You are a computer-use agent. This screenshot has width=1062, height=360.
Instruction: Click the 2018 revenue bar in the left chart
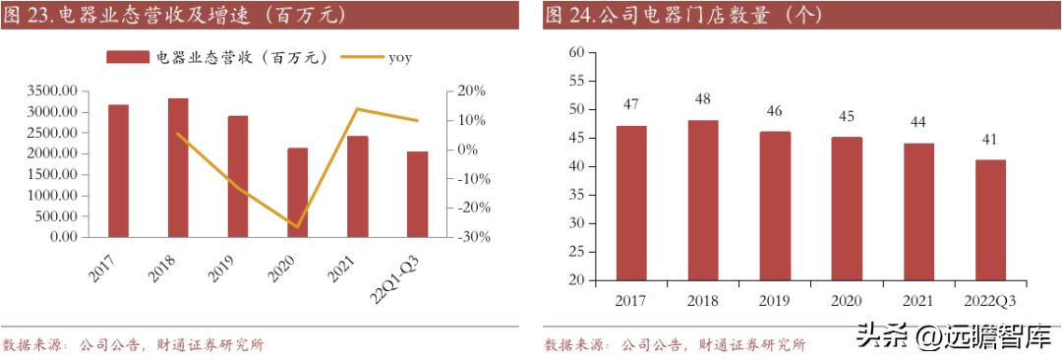pos(178,167)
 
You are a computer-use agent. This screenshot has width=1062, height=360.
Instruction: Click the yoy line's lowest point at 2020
pos(297,227)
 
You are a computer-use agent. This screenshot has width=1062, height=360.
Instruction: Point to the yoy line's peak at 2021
pos(357,109)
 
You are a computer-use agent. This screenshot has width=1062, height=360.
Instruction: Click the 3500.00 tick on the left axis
pos(51,90)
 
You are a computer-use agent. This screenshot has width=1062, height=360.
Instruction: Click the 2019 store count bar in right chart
pos(775,206)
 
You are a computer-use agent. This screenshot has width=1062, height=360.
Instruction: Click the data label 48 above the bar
pos(703,99)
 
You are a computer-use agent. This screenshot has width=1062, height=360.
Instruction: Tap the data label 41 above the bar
pos(990,140)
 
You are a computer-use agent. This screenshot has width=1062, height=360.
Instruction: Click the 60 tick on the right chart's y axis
pos(576,52)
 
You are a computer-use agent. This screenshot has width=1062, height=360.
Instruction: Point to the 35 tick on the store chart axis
pos(576,195)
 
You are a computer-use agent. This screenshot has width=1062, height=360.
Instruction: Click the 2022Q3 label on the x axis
pos(990,299)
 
